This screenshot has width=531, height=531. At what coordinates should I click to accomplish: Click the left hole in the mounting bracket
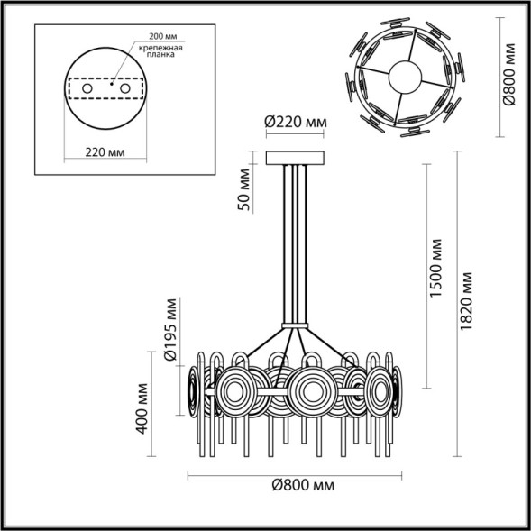tap(87, 90)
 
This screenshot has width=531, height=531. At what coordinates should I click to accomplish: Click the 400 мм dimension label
tap(142, 407)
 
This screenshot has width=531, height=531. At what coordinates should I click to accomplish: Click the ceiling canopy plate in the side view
tap(295, 158)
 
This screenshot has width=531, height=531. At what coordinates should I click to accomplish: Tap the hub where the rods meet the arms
tap(295, 326)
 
